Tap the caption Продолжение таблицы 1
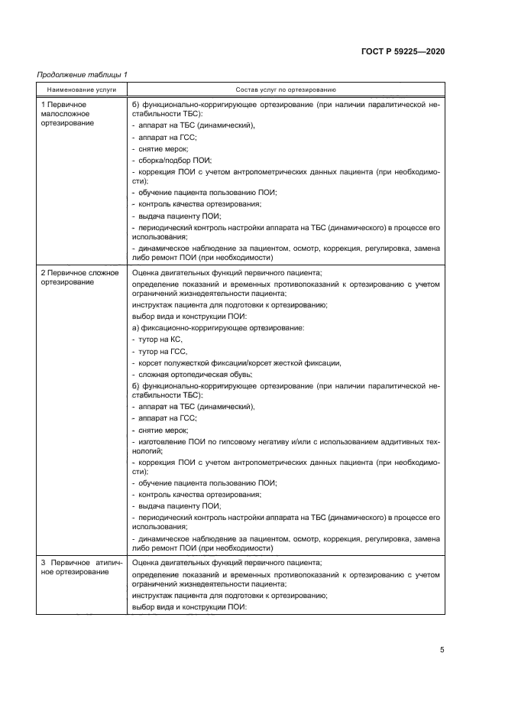[x=83, y=74]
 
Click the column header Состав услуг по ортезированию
[x=286, y=89]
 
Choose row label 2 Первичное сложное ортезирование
[x=79, y=278]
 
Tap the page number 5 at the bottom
[x=442, y=650]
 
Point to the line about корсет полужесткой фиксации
[x=237, y=362]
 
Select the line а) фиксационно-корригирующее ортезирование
[x=219, y=327]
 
